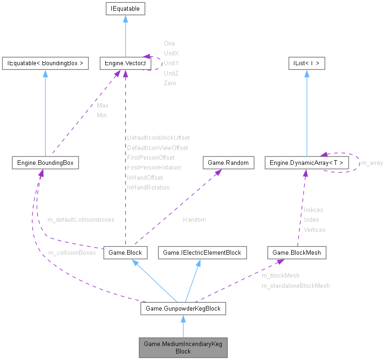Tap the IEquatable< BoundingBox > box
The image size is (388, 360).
pyautogui.click(x=45, y=63)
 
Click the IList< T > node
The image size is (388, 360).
pyautogui.click(x=306, y=63)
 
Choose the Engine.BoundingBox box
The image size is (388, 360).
pyautogui.click(x=45, y=163)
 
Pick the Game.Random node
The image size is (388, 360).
pyautogui.click(x=229, y=163)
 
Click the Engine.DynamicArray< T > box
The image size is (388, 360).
pyautogui.click(x=306, y=163)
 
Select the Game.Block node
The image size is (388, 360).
pyautogui.click(x=125, y=253)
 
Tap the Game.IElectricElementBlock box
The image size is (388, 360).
pyautogui.click(x=202, y=253)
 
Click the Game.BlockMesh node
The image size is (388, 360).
pyautogui.click(x=297, y=253)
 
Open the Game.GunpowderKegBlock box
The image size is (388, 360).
pyautogui.click(x=183, y=308)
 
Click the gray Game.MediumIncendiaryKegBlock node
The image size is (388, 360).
pyautogui.click(x=183, y=347)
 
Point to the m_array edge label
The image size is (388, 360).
pyautogui.click(x=372, y=163)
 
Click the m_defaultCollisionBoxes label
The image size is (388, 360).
pyautogui.click(x=81, y=219)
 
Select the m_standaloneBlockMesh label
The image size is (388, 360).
pyautogui.click(x=295, y=286)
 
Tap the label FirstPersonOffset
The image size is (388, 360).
pyautogui.click(x=150, y=158)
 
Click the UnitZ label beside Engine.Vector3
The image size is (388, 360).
pyautogui.click(x=171, y=73)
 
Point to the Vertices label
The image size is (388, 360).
pyautogui.click(x=314, y=230)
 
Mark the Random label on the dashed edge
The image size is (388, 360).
pyautogui.click(x=194, y=219)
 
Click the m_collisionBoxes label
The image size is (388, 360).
pyautogui.click(x=72, y=253)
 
